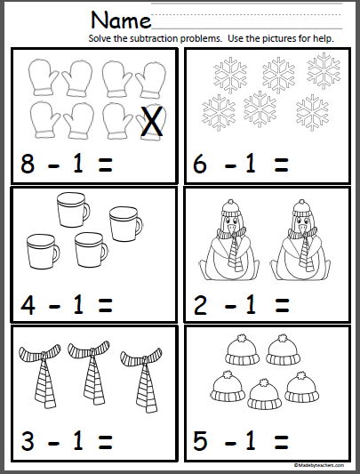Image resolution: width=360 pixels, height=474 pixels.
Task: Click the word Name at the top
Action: click(x=121, y=20)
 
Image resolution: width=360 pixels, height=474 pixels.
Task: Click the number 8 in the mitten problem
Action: click(x=28, y=163)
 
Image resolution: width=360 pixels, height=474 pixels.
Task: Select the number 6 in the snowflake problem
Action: click(x=202, y=163)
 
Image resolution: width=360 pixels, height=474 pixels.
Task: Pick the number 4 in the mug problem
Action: click(x=28, y=303)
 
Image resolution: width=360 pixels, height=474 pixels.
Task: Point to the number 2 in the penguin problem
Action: click(x=202, y=303)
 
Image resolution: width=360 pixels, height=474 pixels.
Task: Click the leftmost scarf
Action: click(x=40, y=376)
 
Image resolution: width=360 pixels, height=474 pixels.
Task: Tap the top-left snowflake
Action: click(x=220, y=76)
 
